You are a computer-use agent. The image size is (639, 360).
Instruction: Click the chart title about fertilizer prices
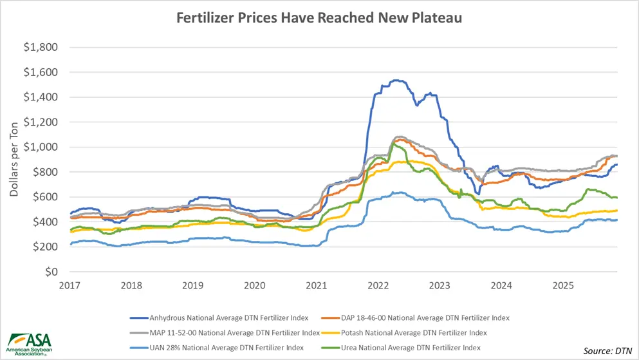[319, 18]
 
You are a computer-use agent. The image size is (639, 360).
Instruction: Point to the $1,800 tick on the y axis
[40, 48]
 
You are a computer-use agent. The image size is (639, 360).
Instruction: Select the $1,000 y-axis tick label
[40, 147]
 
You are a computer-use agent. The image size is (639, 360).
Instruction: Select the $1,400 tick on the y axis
[40, 97]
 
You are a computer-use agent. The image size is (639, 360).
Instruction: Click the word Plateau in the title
[438, 18]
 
